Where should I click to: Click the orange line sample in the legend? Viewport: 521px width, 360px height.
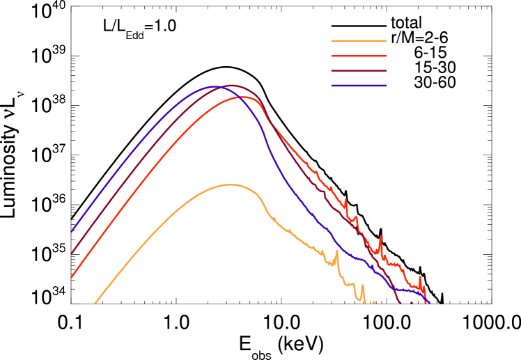pos(359,40)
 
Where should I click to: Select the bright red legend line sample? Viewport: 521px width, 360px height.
pos(359,56)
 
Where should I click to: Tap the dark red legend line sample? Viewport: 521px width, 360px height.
pos(359,70)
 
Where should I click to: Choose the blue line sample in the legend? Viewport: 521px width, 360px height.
pos(359,86)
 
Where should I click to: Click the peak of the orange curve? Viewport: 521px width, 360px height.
pos(228,185)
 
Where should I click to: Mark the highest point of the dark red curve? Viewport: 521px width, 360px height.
pos(232,85)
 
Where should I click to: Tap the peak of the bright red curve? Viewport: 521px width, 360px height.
pos(245,97)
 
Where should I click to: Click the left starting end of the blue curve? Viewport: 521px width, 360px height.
pos(72,231)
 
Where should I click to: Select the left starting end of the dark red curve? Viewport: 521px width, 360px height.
pos(72,253)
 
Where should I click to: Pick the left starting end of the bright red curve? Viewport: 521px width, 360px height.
pos(72,276)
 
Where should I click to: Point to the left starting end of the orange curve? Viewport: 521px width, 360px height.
pos(95,303)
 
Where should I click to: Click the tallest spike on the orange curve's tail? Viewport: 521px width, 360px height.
pos(336,252)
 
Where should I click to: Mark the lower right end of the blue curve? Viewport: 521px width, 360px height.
pos(428,302)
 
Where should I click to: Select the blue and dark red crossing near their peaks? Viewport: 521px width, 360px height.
pos(221,86)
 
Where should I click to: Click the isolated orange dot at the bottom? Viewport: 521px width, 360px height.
pos(374,302)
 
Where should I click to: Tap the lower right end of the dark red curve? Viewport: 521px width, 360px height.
pos(399,302)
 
